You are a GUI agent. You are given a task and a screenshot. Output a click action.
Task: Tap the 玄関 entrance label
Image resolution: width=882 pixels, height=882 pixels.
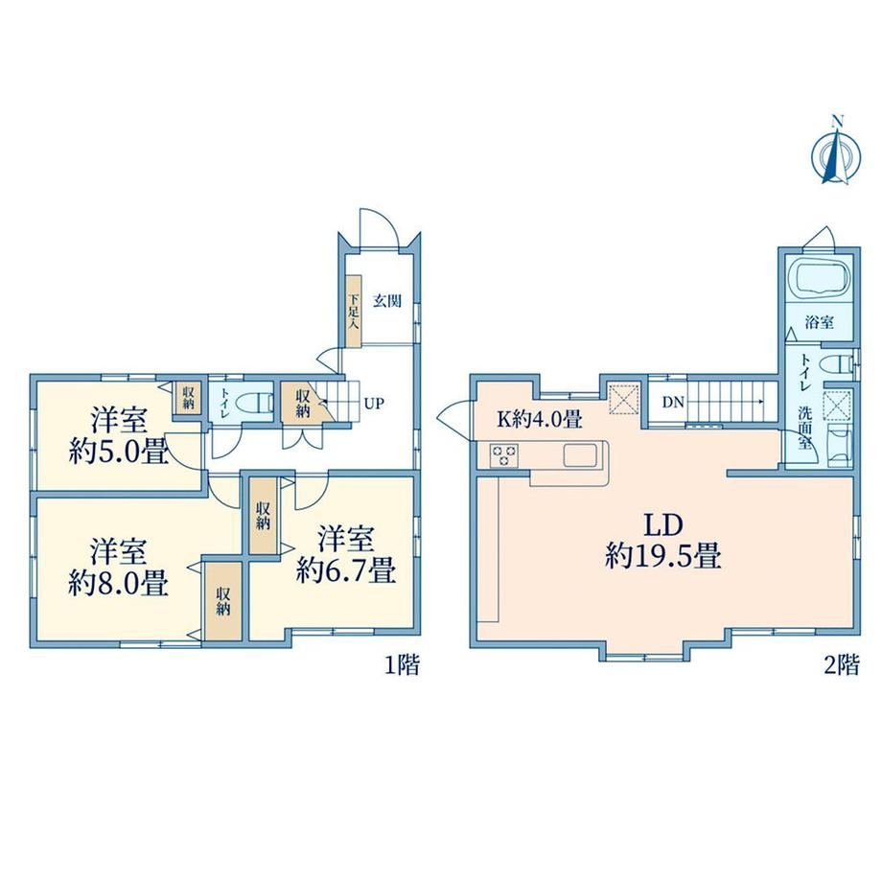click(x=387, y=301)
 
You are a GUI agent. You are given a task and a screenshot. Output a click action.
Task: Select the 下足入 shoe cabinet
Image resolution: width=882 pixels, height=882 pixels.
click(x=353, y=311)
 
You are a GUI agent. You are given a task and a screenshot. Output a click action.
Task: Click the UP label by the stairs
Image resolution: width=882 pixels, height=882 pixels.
click(x=374, y=404)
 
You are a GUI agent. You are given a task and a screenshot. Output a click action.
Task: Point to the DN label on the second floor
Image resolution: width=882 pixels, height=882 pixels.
click(x=673, y=403)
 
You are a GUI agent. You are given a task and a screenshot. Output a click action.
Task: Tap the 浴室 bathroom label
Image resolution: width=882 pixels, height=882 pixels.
click(x=819, y=322)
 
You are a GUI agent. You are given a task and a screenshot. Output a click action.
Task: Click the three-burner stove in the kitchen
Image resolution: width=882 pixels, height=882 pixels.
click(x=504, y=455)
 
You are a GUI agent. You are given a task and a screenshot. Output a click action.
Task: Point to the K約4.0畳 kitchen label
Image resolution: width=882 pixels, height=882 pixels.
click(x=539, y=419)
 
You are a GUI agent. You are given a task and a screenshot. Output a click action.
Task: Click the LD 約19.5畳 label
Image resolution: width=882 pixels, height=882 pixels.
click(x=663, y=541)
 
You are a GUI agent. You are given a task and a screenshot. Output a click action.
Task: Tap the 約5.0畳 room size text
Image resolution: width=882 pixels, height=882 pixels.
click(x=118, y=451)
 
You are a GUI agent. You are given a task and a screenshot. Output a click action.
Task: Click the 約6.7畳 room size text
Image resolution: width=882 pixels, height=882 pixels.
click(x=346, y=569)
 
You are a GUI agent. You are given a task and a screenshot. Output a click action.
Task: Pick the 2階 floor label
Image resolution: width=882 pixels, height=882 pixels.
click(x=842, y=665)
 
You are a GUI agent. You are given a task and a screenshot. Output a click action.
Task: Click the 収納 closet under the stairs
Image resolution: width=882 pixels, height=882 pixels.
click(x=303, y=403)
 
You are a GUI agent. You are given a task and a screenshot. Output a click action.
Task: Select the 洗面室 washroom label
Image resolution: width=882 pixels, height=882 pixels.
click(x=805, y=427)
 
